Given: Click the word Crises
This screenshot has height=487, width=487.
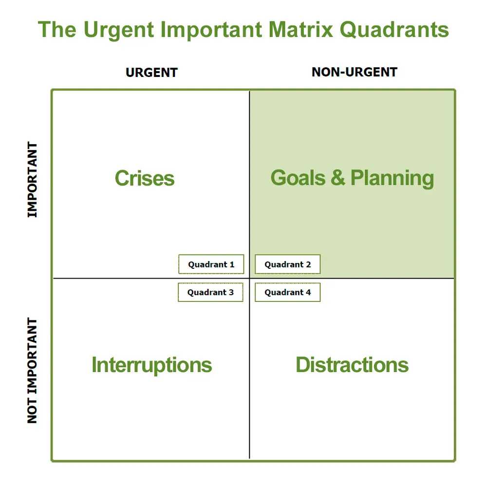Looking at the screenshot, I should tap(145, 178).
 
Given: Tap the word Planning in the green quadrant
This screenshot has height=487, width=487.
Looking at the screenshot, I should tap(392, 179).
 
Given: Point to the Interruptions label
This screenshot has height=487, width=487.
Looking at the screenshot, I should tap(152, 365).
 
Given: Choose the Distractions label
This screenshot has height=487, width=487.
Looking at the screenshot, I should tap(352, 365).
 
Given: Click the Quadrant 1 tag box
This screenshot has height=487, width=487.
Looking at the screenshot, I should tap(211, 264).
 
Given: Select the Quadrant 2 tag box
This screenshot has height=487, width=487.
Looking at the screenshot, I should tap(288, 264).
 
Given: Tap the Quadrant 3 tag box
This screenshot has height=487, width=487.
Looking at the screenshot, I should tap(210, 292).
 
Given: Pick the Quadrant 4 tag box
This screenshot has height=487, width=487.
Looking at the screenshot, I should tap(288, 292).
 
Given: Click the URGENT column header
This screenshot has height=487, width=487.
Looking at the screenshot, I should tap(151, 73).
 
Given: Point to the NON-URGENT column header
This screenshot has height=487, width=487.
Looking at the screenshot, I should tap(355, 73).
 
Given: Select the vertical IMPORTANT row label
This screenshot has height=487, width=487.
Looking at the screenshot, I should tap(32, 180).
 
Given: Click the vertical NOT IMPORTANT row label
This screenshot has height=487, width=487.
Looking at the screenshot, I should tap(32, 371).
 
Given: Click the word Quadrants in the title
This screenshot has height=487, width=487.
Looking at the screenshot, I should tap(394, 30).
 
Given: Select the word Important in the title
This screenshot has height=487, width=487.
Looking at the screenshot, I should tap(209, 30).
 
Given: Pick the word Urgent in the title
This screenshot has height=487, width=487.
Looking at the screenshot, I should tap(119, 30).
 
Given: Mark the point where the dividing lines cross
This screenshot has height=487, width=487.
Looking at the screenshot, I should tap(249, 279).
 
